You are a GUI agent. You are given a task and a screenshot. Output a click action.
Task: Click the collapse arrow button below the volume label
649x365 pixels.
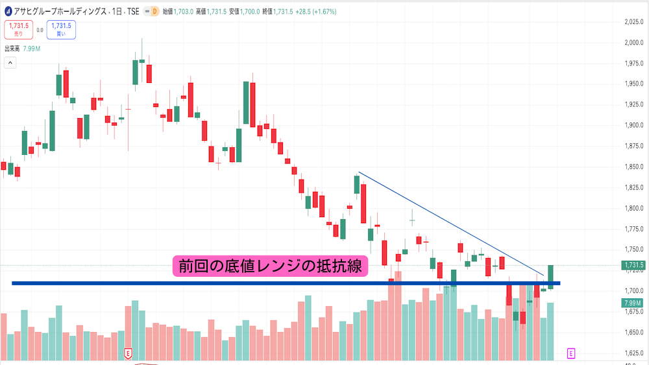click(x=10, y=63)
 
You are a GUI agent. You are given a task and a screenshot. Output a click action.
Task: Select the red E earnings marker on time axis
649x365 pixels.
click(x=129, y=354)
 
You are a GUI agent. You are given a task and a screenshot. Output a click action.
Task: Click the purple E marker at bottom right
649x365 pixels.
click(x=571, y=353)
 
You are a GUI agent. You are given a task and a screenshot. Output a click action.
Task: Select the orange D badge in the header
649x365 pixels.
click(x=154, y=11)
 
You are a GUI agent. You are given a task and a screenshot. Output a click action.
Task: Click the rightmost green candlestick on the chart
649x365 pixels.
click(x=550, y=276)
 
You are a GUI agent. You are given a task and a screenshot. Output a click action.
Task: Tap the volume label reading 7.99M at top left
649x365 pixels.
click(x=32, y=49)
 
